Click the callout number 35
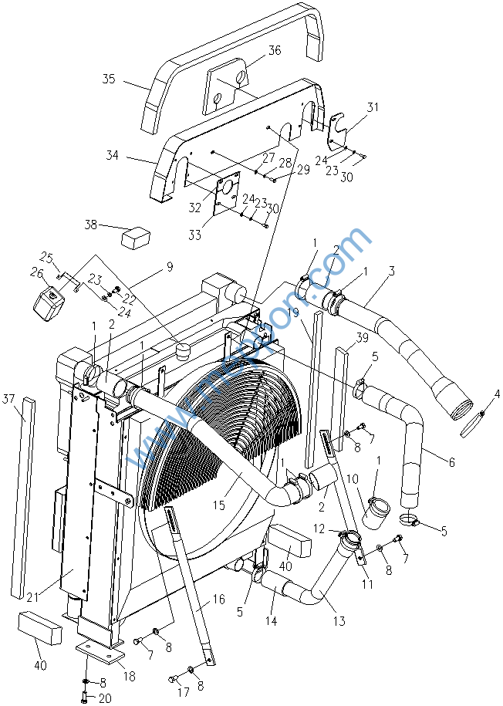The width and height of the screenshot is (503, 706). click(109, 79)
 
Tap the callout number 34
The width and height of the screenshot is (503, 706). click(113, 157)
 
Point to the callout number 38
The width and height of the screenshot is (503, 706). click(92, 225)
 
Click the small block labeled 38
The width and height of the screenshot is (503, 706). click(136, 236)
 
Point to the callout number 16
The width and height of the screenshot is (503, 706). click(219, 599)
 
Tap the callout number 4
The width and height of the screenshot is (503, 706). click(497, 394)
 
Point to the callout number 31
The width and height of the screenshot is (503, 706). click(373, 107)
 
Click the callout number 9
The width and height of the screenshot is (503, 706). click(170, 268)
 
